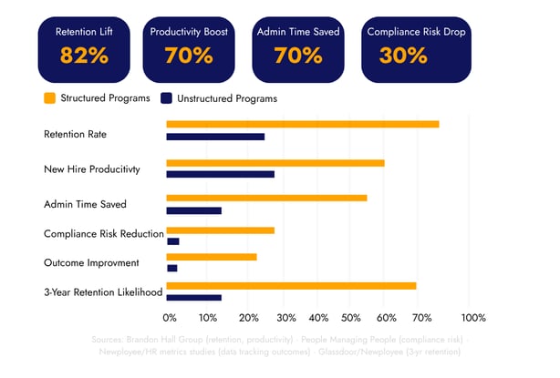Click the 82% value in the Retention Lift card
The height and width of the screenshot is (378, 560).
(84, 55)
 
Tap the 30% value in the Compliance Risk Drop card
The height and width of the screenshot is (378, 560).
(404, 55)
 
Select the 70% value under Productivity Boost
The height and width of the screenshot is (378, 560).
(191, 55)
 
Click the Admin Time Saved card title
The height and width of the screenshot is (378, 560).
(297, 32)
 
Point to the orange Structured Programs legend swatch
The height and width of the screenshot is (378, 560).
(48, 98)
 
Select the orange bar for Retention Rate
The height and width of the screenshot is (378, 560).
(302, 124)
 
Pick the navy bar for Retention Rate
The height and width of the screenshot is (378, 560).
(215, 137)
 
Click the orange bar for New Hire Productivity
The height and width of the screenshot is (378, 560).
(275, 163)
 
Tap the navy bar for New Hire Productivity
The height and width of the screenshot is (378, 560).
(220, 174)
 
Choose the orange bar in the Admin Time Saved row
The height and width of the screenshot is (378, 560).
(266, 198)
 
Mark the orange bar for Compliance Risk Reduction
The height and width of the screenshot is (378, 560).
(220, 230)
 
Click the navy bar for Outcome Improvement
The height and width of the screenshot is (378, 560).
(171, 269)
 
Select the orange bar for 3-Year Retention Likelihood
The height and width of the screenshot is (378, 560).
(291, 286)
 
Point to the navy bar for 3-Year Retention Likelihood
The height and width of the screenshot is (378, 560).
(193, 298)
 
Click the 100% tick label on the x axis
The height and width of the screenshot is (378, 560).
(472, 318)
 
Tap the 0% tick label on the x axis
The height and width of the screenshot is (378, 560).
(170, 318)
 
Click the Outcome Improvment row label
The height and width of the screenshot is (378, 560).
(91, 263)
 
